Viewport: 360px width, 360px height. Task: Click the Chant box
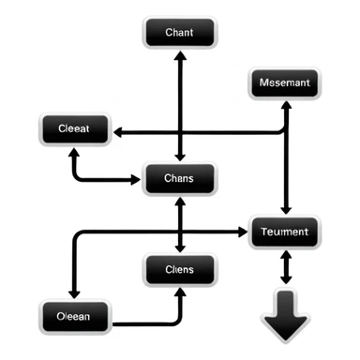[x=179, y=34]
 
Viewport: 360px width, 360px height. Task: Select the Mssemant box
[x=286, y=84]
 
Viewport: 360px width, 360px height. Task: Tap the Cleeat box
[x=75, y=128]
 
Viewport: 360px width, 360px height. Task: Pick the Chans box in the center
[x=179, y=178]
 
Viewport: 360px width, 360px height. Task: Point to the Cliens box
[x=179, y=270]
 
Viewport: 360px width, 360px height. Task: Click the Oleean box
[x=74, y=316]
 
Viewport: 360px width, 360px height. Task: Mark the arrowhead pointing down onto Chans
[x=179, y=157]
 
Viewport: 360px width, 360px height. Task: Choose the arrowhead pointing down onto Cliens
[x=179, y=247]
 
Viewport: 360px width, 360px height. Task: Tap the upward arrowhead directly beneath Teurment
[x=286, y=251]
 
